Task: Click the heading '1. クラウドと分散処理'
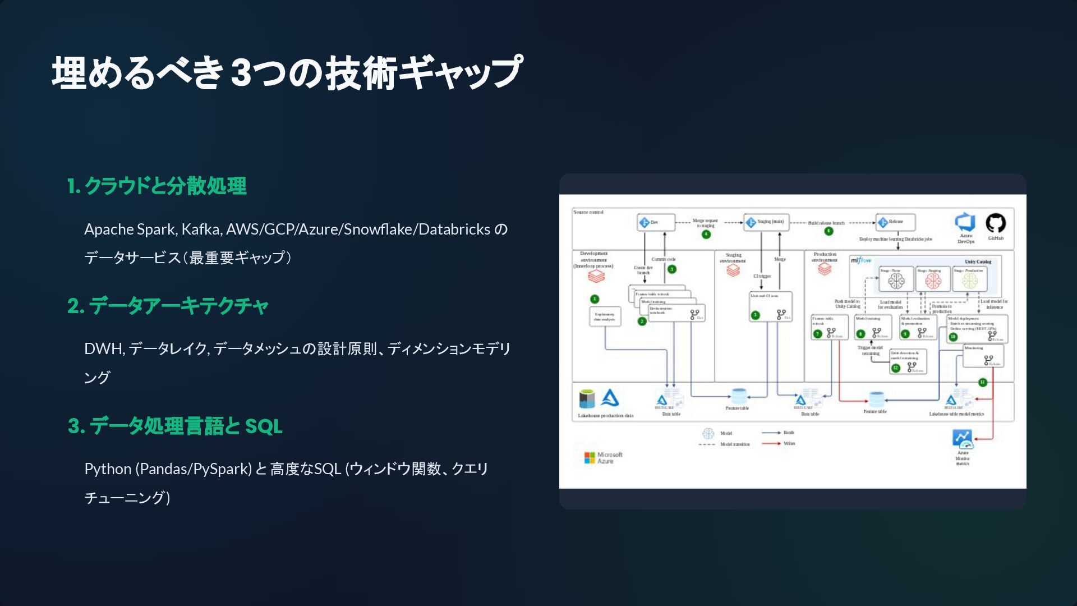point(157,186)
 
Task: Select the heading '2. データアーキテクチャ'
point(168,306)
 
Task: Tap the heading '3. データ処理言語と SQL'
point(175,426)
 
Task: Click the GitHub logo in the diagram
point(996,223)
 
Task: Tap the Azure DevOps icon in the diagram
point(965,223)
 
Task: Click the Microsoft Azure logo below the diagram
point(604,458)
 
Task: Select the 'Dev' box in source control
point(655,223)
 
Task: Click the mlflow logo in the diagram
point(861,260)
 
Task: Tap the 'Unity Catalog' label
point(978,261)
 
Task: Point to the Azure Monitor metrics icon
point(963,438)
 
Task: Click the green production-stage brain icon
point(969,281)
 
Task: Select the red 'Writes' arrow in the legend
point(771,444)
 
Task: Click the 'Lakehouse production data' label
point(605,416)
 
